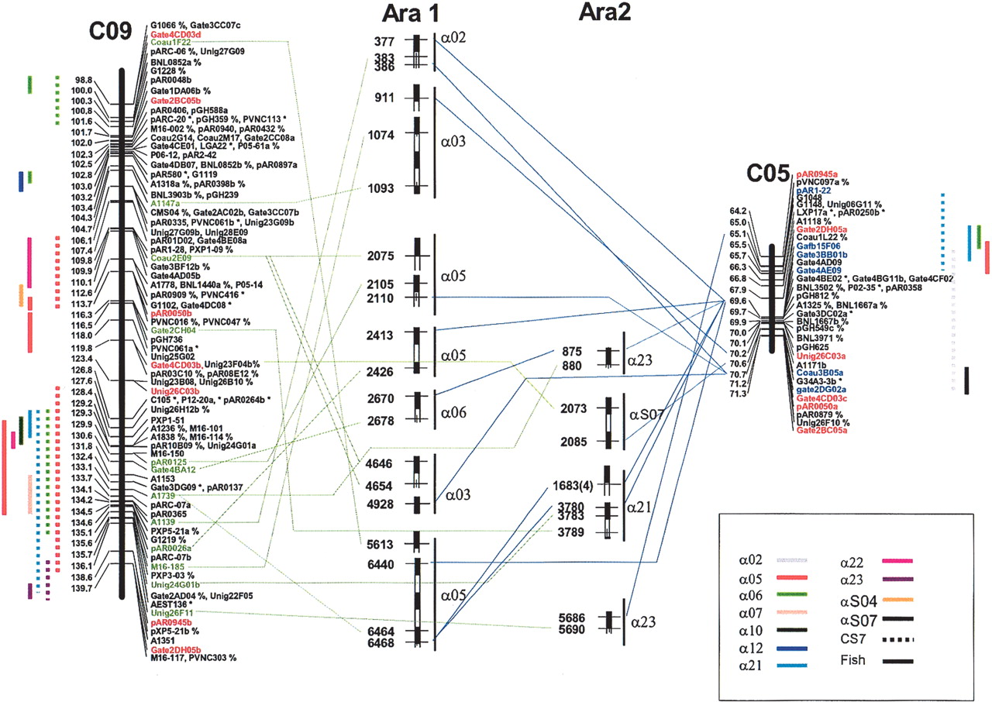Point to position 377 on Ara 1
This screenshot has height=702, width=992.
[384, 42]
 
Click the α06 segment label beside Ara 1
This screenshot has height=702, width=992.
[453, 411]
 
